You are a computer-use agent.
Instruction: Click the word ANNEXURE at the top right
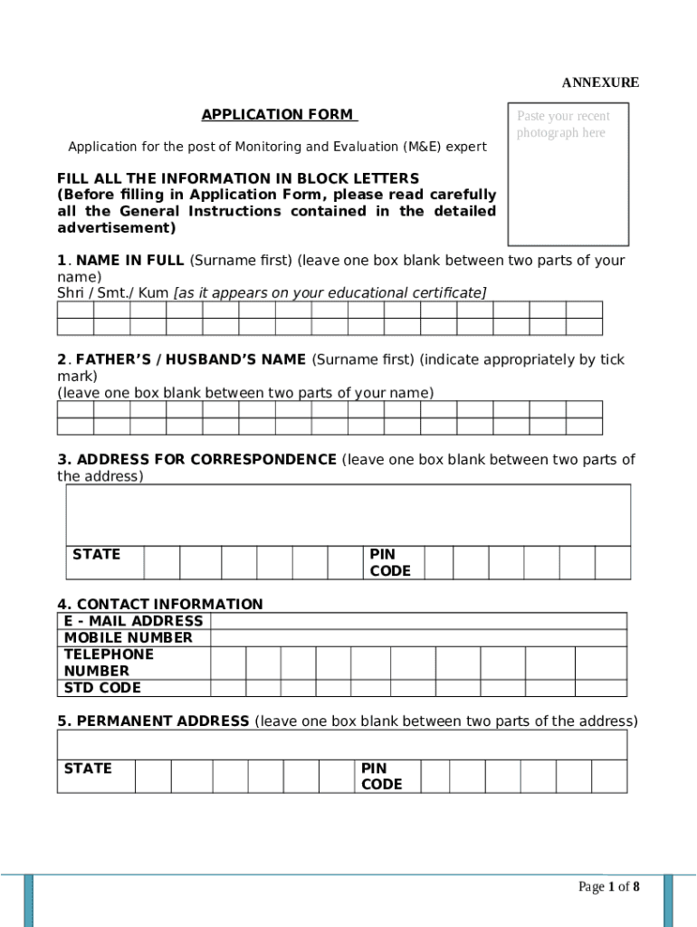pos(600,82)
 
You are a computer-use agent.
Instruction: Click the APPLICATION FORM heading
pos(279,115)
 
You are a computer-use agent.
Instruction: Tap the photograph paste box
pos(568,174)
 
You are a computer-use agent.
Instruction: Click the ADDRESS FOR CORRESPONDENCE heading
pos(196,460)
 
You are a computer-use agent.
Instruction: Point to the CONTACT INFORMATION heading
pos(160,604)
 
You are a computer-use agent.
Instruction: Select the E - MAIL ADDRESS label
pos(133,621)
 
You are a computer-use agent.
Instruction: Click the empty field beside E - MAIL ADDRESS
pos(418,621)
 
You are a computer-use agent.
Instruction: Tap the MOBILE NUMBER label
pos(128,638)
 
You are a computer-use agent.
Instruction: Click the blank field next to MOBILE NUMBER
pos(418,638)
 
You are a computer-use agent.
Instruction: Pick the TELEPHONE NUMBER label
pos(110,663)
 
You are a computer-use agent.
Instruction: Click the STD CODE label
pos(102,688)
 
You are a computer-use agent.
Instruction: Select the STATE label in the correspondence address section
pos(96,554)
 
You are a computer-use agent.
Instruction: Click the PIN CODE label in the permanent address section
pos(381,776)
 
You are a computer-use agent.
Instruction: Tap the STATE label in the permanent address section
pos(88,769)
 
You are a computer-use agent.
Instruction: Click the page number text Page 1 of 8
pos(609,887)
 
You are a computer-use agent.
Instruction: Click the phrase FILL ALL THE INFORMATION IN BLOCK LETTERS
pos(238,178)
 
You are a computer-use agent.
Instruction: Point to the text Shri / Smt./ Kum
pos(114,292)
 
